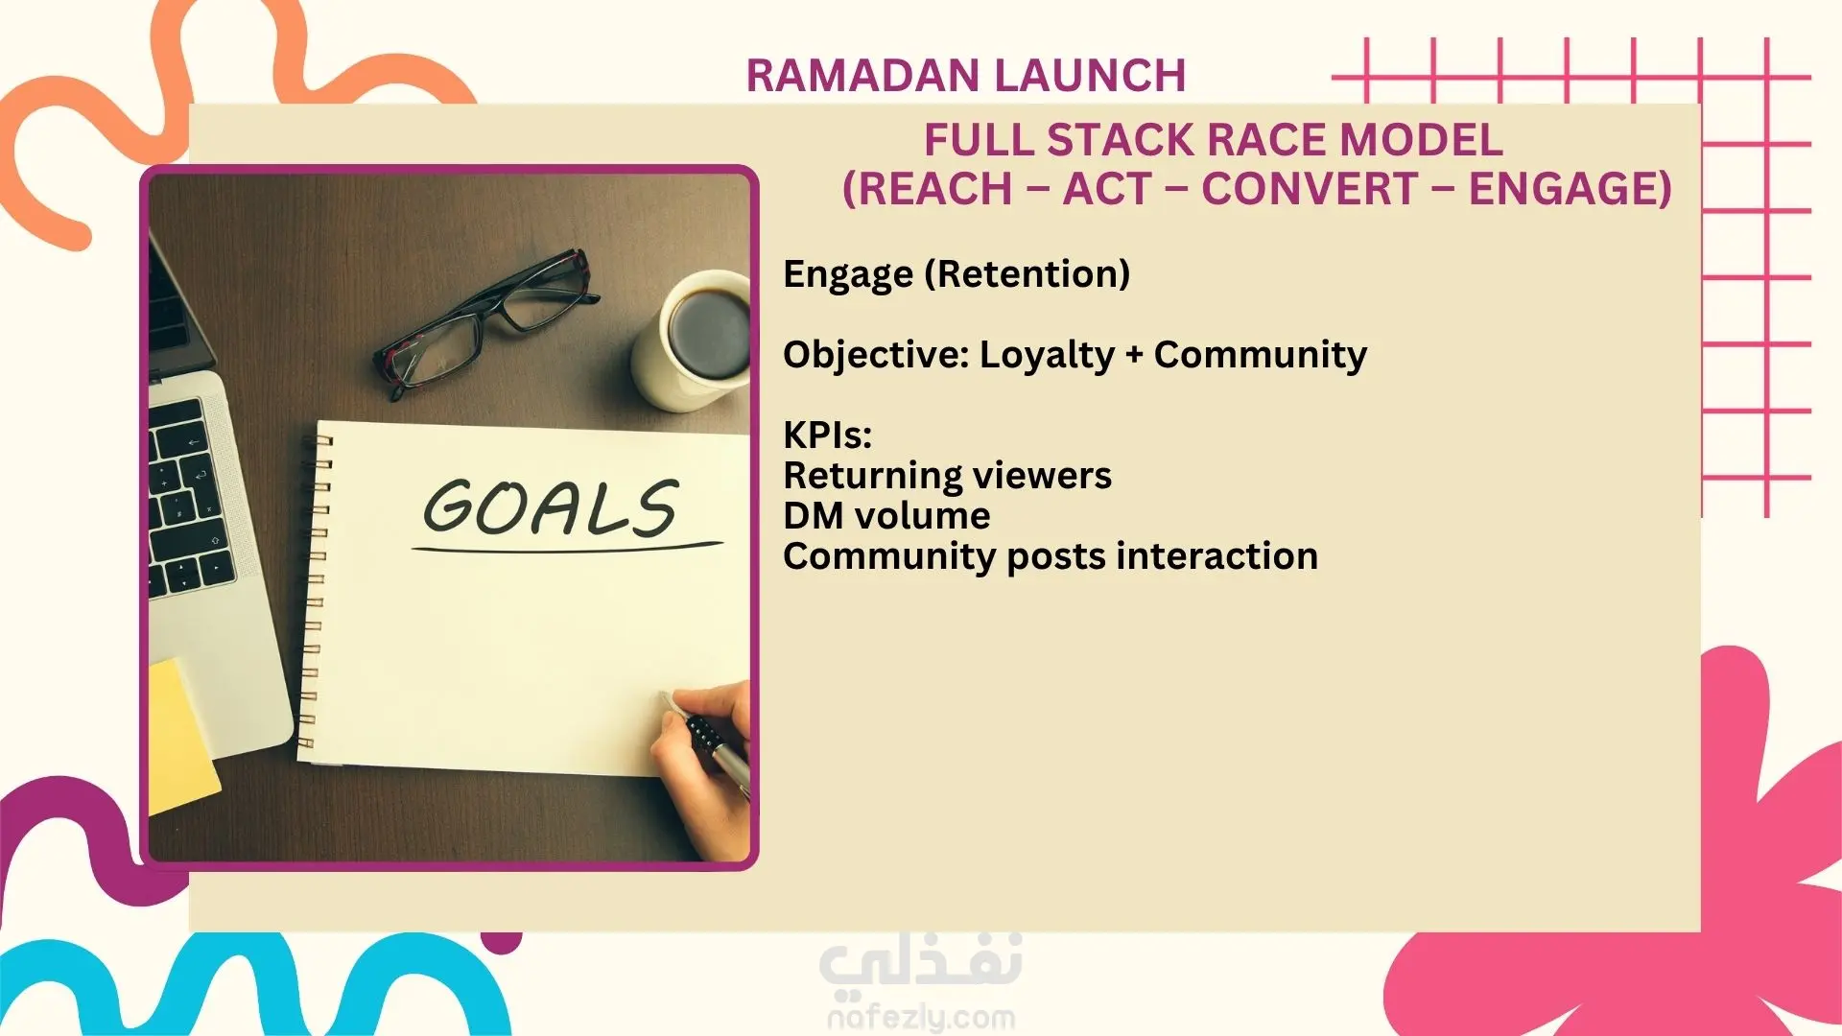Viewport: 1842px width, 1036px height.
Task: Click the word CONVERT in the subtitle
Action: coord(1310,188)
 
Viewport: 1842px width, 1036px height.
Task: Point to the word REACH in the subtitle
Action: coord(927,189)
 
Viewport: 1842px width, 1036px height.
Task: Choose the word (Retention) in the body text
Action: coord(1027,274)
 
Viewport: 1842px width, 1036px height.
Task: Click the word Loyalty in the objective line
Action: coord(1047,356)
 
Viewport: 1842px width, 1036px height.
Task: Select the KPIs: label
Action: coord(827,436)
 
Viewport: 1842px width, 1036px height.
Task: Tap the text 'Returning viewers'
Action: coord(947,476)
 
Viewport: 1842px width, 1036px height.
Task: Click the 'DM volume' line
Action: coord(886,516)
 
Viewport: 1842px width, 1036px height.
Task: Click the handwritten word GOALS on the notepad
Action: coord(551,507)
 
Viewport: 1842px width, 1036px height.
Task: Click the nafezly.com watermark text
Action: coord(921,1018)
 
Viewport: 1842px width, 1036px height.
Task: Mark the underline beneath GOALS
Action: coord(567,548)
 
